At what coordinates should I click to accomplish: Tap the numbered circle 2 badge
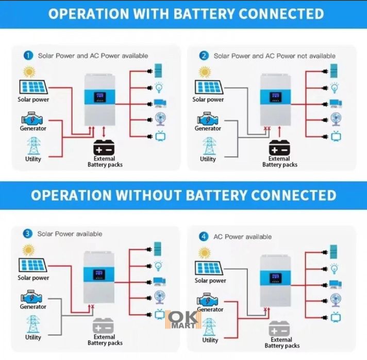pyautogui.click(x=205, y=55)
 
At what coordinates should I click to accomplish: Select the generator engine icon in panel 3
pyautogui.click(x=32, y=296)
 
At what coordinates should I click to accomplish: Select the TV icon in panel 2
pyautogui.click(x=336, y=136)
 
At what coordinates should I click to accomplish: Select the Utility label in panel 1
pyautogui.click(x=33, y=159)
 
